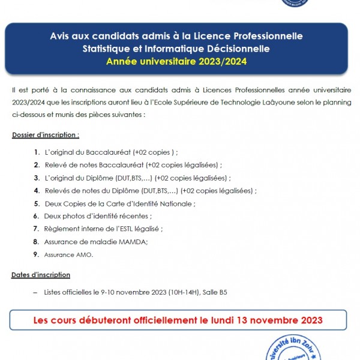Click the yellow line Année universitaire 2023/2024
176,61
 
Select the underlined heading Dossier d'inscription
46,135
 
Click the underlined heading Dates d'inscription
41,275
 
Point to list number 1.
37,152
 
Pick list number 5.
37,204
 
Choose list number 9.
37,254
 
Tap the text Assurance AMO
68,254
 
